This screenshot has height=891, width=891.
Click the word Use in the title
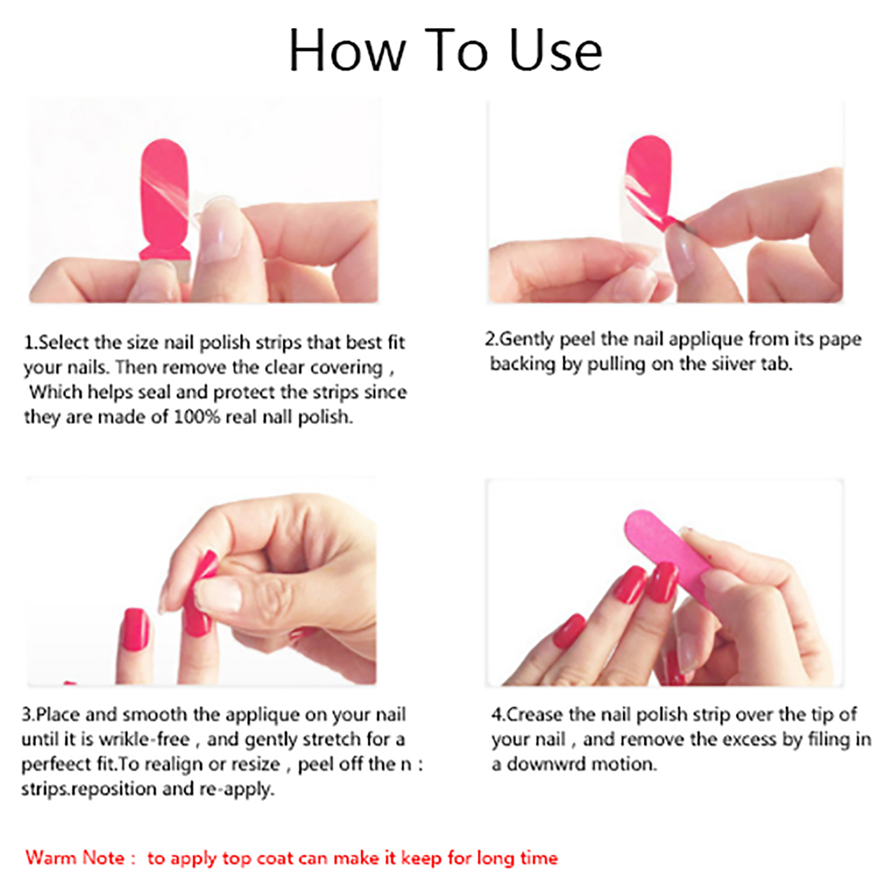555,51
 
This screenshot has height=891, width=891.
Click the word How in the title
347,51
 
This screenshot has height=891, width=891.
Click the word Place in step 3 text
57,714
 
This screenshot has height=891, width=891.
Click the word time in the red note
538,858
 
